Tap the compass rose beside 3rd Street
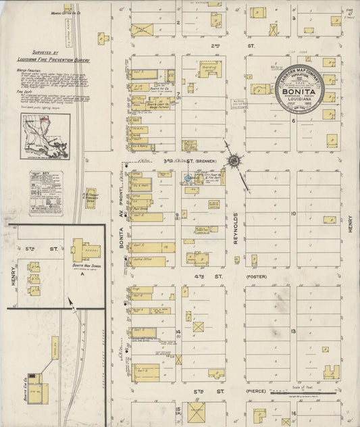[x=235, y=161]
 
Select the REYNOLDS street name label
[x=236, y=227]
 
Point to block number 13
[x=294, y=331]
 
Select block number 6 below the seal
[x=294, y=121]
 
